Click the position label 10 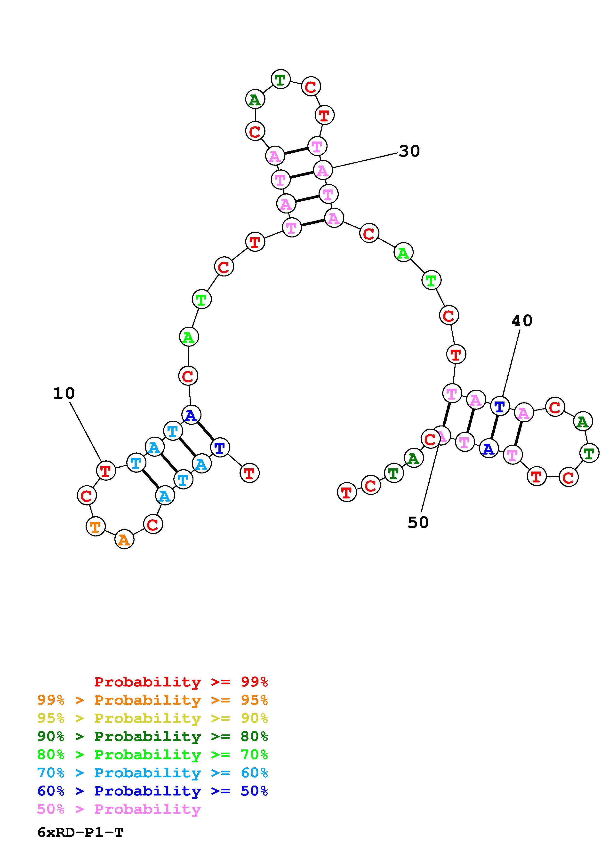click(x=64, y=393)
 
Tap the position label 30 click(x=409, y=151)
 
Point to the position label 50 click(x=418, y=522)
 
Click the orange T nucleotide click(x=96, y=526)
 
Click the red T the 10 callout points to click(x=106, y=471)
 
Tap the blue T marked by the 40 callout click(x=499, y=407)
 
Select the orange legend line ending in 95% click(x=152, y=700)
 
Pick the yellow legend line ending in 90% click(x=152, y=718)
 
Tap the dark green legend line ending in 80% click(x=152, y=736)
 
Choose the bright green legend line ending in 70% click(x=152, y=755)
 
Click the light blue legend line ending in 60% click(x=152, y=773)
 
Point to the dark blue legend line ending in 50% click(x=152, y=791)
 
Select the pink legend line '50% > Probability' click(x=119, y=809)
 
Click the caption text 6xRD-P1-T click(x=80, y=832)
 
